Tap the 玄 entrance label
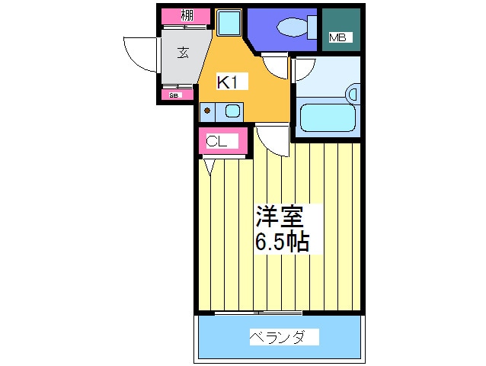pos(183,53)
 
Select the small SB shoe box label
pos(174,95)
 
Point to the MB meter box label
pos(337,37)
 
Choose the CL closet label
pos(217,141)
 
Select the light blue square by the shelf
pos(229,23)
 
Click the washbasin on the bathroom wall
pos(352,95)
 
